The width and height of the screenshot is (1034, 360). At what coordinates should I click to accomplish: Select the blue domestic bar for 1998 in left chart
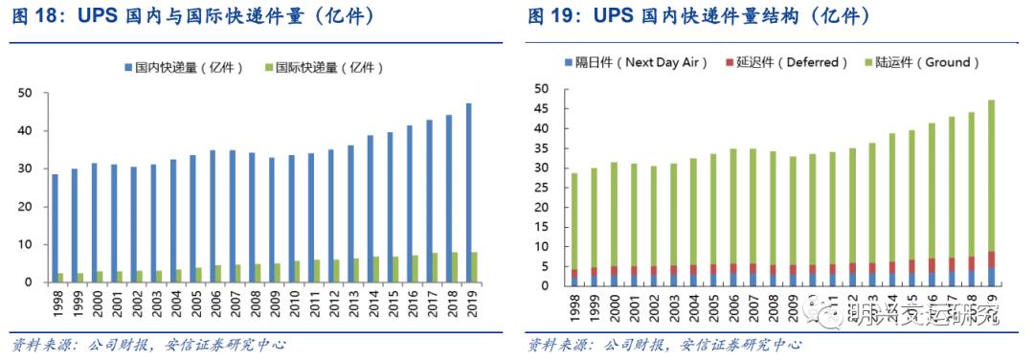point(56,229)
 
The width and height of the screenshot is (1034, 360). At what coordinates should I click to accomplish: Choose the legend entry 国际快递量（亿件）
point(329,68)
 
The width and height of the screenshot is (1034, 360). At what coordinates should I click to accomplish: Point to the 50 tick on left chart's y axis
point(26,93)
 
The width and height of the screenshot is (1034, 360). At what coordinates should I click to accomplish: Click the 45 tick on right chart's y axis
point(542,108)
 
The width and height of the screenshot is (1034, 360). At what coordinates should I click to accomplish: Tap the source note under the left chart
point(148,345)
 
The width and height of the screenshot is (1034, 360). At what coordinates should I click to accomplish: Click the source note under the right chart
point(664,345)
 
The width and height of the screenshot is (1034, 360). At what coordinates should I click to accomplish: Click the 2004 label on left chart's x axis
point(177,305)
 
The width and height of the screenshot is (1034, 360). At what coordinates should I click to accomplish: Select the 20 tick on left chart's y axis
point(26,207)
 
